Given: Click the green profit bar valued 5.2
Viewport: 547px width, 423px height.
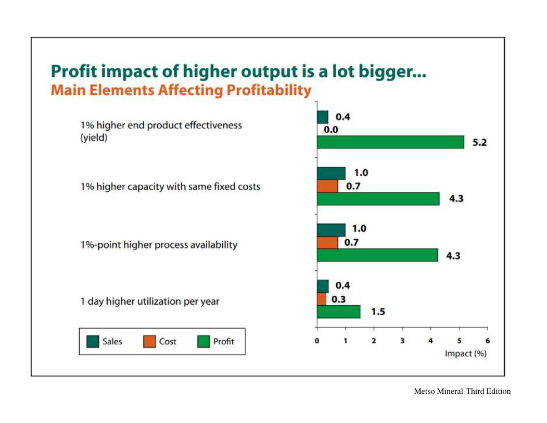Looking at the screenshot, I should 390,142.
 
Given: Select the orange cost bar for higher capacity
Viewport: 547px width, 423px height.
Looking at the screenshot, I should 327,186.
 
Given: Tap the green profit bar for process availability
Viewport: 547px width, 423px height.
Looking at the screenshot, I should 377,255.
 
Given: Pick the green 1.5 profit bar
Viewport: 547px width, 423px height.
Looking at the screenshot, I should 338,312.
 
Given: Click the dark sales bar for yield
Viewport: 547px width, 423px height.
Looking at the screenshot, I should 322,117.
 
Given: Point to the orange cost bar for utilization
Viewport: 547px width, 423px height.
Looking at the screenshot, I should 322,299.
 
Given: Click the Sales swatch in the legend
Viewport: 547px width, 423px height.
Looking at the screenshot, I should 93,342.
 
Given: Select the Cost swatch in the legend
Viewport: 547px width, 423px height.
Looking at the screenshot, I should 149,342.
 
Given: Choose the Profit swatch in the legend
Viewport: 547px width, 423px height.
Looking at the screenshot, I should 203,342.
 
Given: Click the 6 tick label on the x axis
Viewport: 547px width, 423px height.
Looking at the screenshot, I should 487,341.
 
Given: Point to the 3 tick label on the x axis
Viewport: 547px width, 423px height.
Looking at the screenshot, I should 402,341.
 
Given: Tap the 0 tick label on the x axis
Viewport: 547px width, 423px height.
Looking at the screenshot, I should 317,341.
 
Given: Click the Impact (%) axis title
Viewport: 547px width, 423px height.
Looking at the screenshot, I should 465,354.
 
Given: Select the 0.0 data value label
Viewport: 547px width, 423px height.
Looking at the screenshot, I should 332,130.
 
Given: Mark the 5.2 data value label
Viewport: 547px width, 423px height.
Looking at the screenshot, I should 479,143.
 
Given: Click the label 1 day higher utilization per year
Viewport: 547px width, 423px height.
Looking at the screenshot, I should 150,302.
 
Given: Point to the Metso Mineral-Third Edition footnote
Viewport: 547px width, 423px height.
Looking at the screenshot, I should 462,391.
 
